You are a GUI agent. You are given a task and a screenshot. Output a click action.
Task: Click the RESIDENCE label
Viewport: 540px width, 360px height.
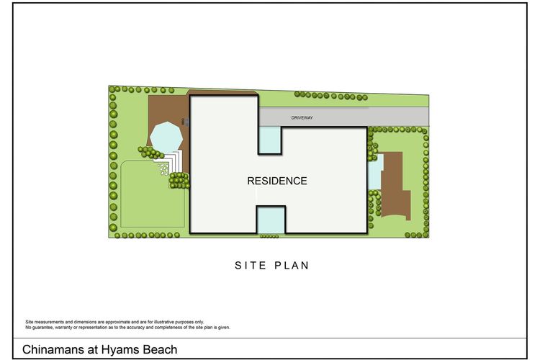pos(277,181)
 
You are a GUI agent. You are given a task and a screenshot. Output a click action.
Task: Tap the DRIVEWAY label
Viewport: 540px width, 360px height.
pos(302,118)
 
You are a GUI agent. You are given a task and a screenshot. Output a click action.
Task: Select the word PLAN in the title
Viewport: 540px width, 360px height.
pos(292,266)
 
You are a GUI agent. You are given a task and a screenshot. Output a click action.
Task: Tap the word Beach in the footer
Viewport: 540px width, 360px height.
pos(160,350)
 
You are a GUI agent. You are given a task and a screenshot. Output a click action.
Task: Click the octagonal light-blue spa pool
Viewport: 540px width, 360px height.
pos(166,136)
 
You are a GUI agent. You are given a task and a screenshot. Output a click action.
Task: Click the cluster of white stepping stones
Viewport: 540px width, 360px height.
pos(163,168)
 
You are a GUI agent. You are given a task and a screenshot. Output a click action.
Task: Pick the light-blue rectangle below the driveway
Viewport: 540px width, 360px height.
pos(270,140)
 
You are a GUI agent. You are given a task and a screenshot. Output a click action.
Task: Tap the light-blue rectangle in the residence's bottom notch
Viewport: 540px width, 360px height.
pos(271,220)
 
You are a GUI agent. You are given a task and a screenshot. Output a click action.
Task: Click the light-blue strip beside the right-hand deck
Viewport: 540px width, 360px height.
pos(375,171)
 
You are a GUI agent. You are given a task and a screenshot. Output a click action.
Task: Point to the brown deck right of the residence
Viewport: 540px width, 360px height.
pos(395,185)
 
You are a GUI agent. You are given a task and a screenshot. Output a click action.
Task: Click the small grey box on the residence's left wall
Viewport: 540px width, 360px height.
pos(187,122)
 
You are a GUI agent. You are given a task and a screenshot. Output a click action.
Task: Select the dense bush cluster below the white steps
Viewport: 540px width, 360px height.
pos(179,181)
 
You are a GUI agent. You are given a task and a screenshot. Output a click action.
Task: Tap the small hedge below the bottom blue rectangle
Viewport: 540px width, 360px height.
pos(269,236)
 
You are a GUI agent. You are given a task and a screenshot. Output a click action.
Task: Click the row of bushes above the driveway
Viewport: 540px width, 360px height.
pos(331,96)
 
